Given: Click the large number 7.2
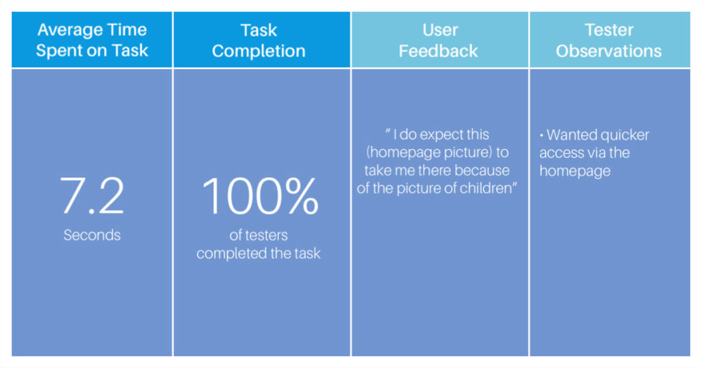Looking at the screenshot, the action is [92, 195].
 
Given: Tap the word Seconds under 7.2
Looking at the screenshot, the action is [92, 235].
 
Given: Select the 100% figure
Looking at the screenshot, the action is [260, 195].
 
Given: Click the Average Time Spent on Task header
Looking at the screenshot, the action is [92, 40].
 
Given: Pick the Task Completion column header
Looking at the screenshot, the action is [258, 40].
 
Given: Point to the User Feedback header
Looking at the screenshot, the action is [439, 40].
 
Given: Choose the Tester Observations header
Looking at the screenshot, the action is [609, 40].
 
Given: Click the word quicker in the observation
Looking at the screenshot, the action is [625, 135].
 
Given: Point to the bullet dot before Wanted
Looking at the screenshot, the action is [542, 135].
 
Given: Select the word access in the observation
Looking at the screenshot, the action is [561, 153].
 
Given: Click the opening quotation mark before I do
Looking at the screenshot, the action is [388, 132].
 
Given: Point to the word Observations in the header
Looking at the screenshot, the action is [609, 51].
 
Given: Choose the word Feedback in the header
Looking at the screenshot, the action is [439, 51].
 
